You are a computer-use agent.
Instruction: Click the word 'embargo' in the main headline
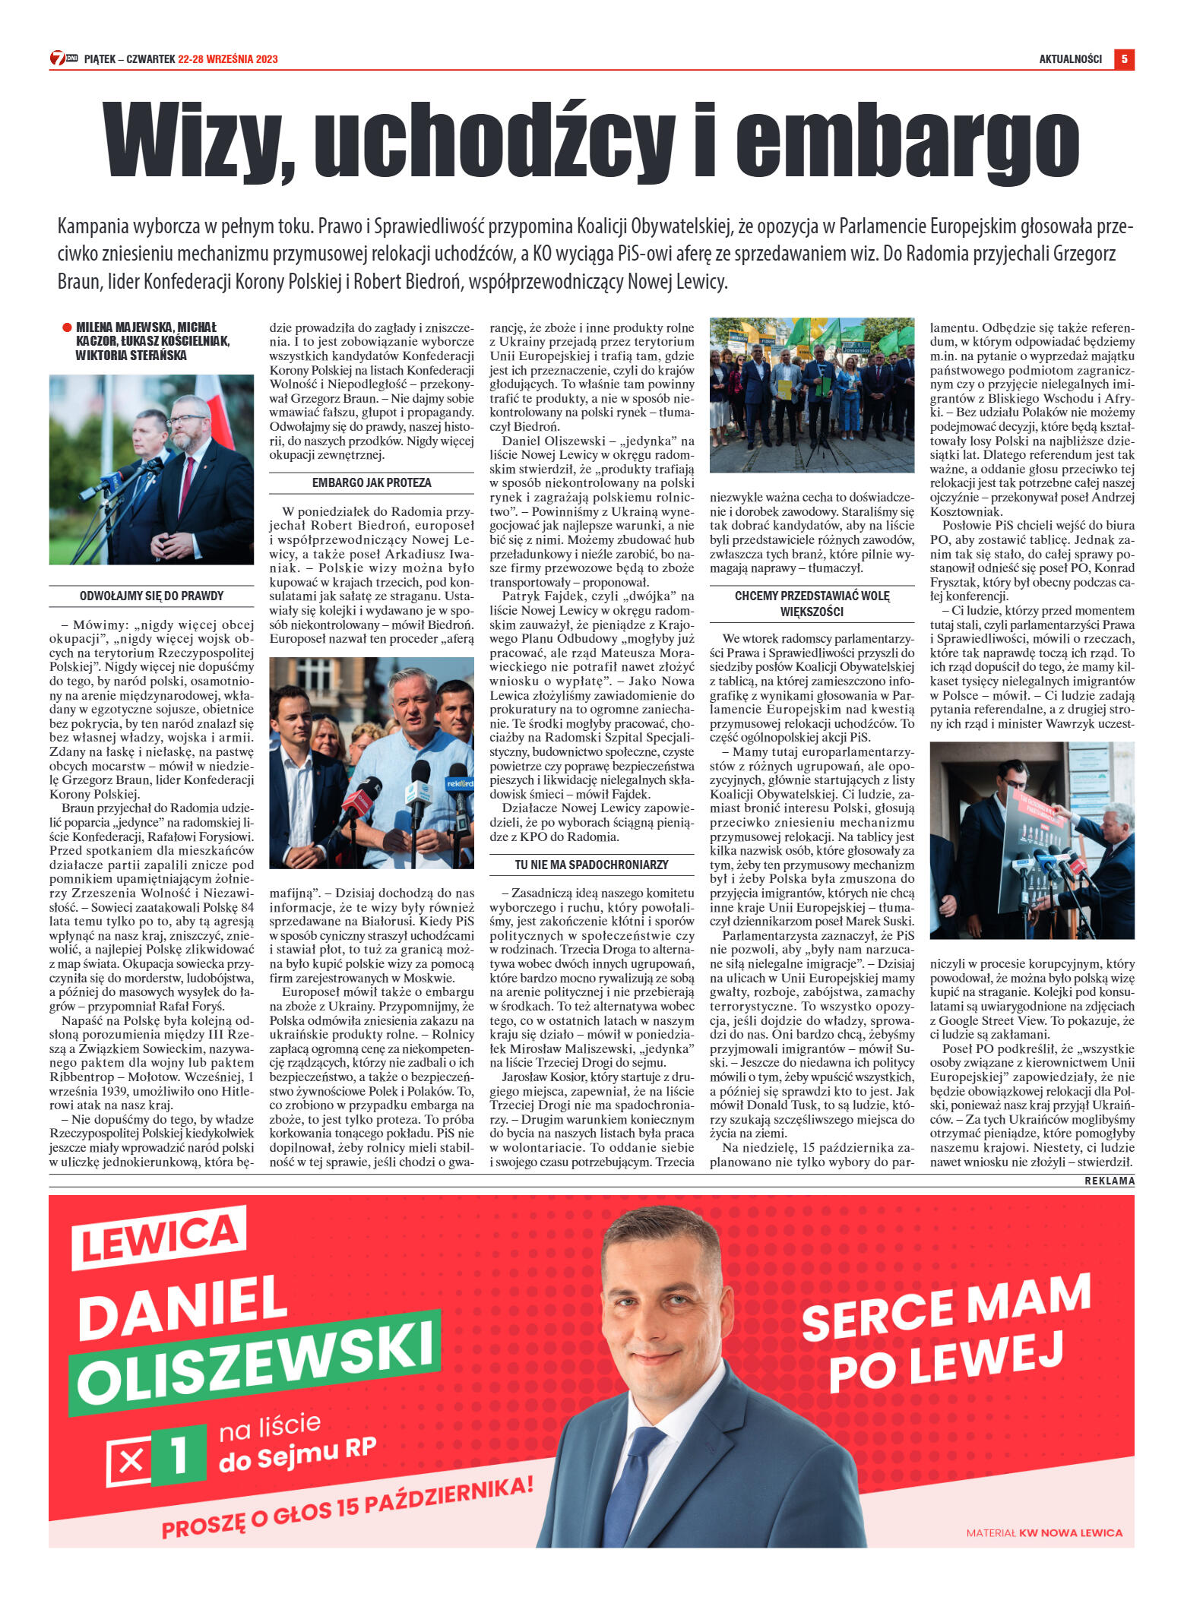point(907,141)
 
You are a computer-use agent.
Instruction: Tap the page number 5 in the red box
point(1124,59)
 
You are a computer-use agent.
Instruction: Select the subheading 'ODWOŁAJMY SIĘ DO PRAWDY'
point(151,596)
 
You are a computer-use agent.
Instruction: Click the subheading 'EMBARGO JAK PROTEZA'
point(372,482)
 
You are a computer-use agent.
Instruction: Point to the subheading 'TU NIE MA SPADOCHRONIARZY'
point(591,865)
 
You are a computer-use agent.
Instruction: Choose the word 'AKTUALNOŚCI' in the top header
point(1070,59)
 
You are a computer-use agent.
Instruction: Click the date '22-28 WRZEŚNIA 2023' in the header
point(228,59)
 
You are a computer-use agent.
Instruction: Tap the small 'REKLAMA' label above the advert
point(1109,1181)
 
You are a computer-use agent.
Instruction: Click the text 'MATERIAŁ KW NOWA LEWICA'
point(1043,1532)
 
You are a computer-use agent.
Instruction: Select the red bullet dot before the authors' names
point(67,328)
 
